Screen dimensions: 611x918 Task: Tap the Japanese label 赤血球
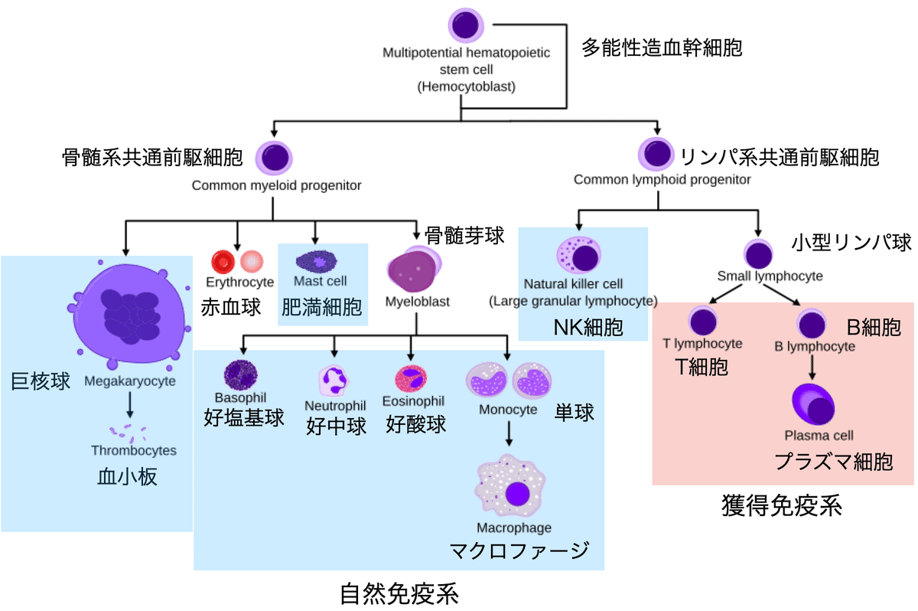[231, 308]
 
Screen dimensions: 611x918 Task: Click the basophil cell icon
[240, 375]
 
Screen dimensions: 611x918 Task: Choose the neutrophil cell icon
[334, 380]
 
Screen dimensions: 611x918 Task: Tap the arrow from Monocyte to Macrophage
[508, 435]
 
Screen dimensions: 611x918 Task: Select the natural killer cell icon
[579, 256]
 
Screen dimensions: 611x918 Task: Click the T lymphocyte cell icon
[703, 322]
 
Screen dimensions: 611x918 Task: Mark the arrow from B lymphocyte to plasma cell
[812, 368]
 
